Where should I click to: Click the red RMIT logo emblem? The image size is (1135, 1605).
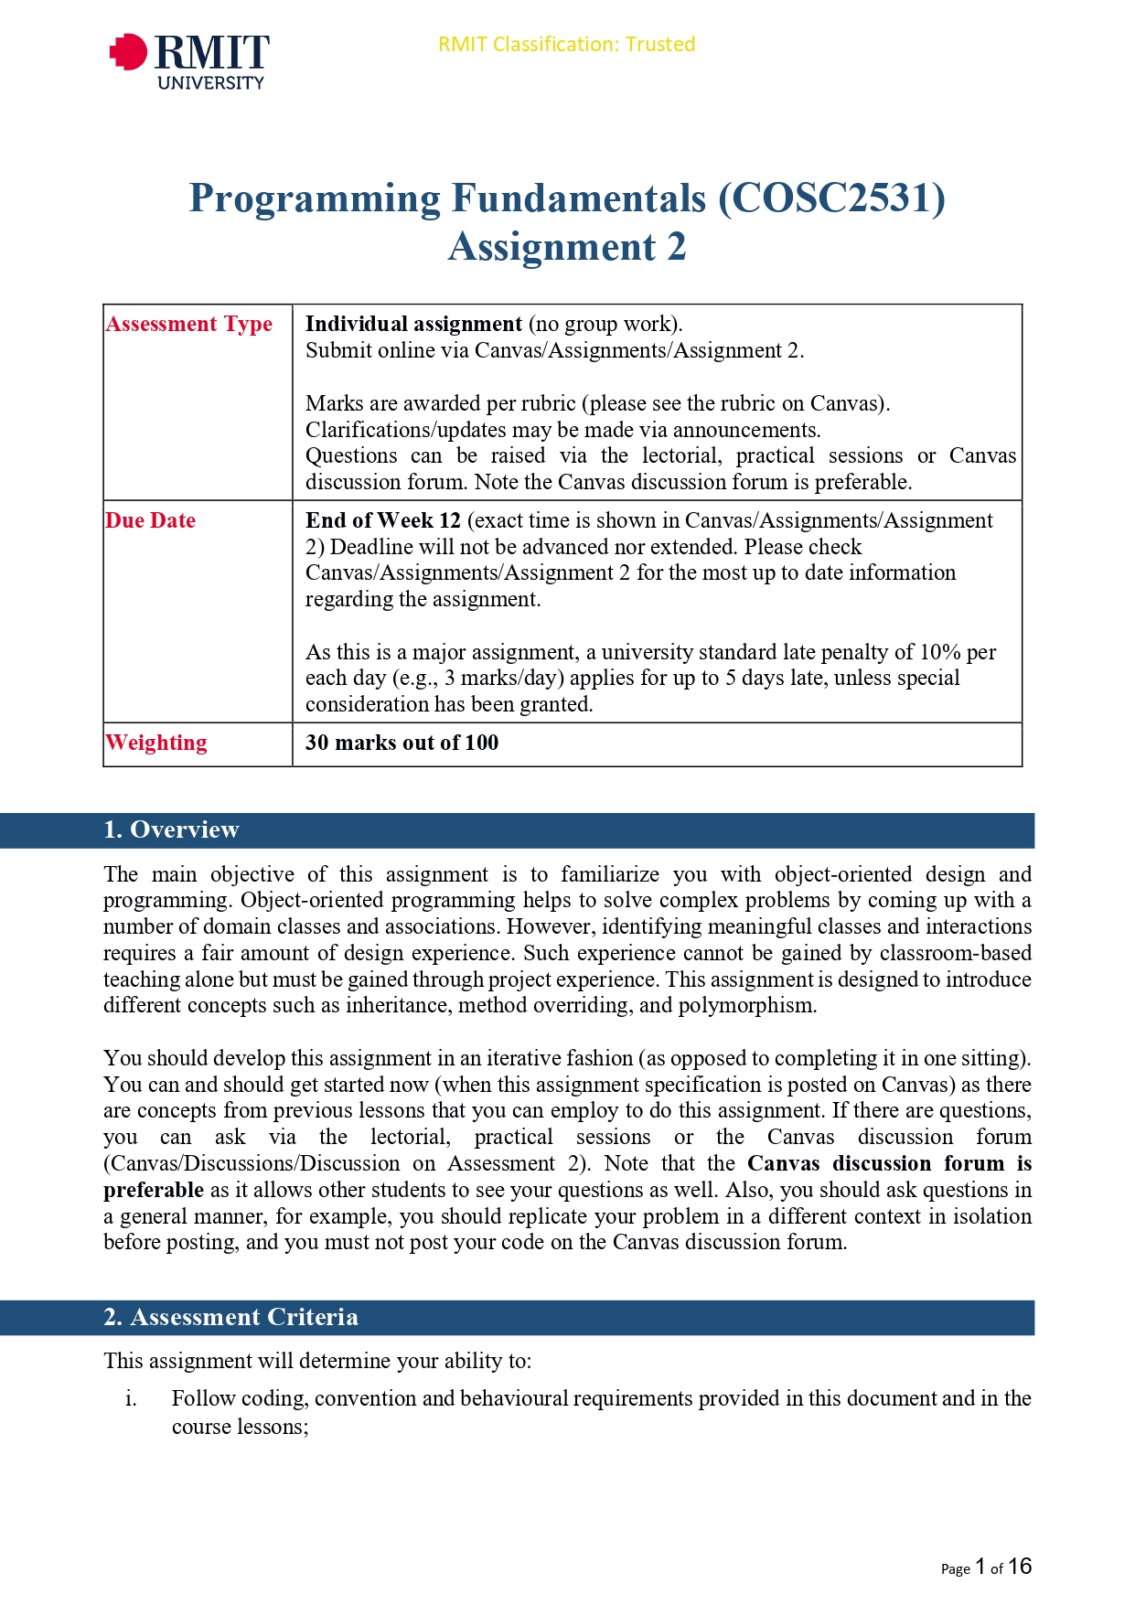(129, 52)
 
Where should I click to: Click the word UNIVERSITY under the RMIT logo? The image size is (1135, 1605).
(210, 83)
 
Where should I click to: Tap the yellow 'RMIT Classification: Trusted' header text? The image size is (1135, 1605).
(566, 44)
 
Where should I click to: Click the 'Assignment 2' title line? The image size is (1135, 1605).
(566, 247)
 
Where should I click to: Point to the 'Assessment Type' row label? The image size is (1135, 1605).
(189, 324)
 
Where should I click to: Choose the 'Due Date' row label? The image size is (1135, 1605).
(151, 520)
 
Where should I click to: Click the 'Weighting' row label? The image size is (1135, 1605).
(156, 743)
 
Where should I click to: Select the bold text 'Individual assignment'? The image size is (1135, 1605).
(413, 324)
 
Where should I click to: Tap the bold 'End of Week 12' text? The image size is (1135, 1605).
(383, 520)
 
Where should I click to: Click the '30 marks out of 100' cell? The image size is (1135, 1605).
(402, 743)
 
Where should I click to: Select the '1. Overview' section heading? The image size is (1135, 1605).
(171, 829)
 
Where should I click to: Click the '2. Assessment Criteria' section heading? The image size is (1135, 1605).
(230, 1317)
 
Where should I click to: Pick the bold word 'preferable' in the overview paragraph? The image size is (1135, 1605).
(154, 1190)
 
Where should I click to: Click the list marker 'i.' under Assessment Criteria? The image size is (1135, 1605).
(132, 1398)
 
